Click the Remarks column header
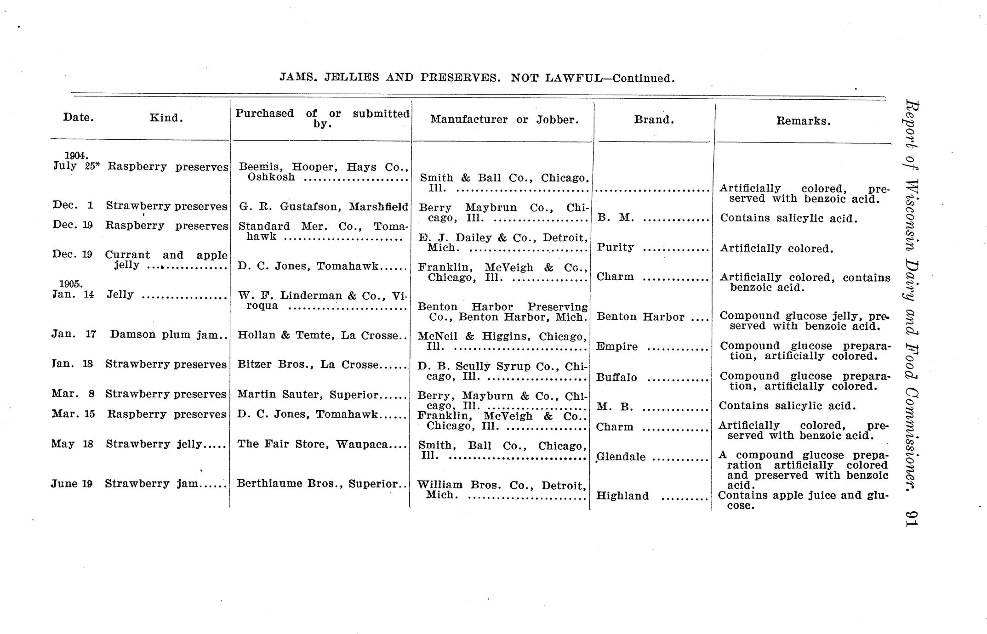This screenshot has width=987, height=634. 803,121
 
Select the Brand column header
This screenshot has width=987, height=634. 654,120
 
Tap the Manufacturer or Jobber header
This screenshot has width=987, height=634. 504,120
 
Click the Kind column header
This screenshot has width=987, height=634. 166,118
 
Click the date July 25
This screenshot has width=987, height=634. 76,166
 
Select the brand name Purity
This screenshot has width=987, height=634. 615,248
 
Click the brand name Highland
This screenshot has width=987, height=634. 622,496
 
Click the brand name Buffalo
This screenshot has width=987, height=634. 616,378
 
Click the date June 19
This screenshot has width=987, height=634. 72,484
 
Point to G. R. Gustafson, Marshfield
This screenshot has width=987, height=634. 323,207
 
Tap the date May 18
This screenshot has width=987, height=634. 72,444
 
